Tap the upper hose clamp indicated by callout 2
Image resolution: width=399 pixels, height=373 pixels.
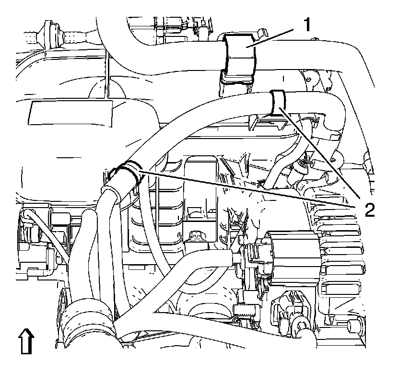278,103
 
